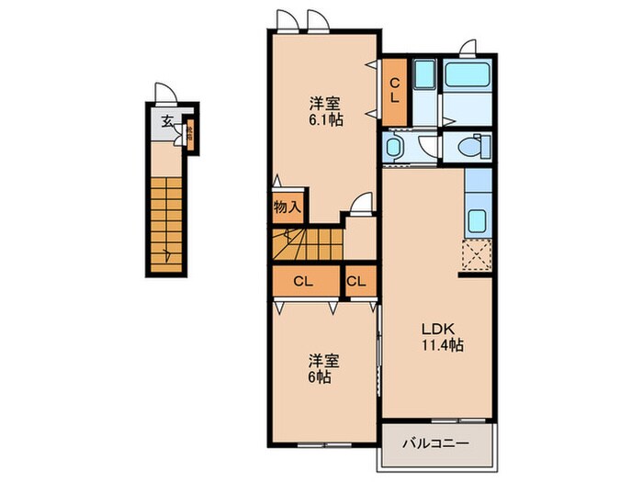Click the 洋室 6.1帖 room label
[321, 110]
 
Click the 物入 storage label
[286, 207]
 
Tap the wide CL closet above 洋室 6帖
[306, 282]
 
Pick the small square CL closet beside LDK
[358, 282]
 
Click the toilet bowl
[473, 147]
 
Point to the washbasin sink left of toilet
[394, 147]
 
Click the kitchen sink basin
[478, 221]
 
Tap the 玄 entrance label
[168, 120]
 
